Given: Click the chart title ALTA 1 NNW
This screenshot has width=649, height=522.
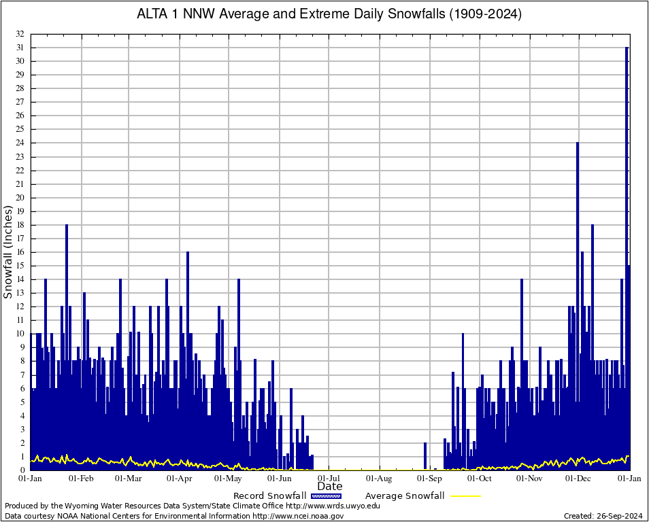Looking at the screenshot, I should (x=329, y=14).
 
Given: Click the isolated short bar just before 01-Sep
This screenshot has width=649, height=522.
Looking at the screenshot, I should (x=425, y=456).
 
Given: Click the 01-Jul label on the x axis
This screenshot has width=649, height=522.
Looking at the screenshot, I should (x=329, y=478).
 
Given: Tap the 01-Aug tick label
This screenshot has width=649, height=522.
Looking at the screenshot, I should (x=380, y=478).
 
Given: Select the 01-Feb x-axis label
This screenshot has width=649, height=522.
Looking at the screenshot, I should (x=81, y=478).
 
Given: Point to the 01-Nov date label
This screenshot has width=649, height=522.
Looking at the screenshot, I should (x=529, y=478).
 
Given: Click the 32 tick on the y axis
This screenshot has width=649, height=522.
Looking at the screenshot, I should (x=20, y=34).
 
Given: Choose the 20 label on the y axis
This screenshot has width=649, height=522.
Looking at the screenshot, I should (x=20, y=198).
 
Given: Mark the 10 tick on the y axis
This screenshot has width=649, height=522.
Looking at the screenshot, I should (x=20, y=334).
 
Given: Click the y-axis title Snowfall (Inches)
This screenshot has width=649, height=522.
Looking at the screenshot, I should (x=8, y=252).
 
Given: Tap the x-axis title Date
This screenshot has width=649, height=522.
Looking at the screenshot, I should (x=330, y=487).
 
